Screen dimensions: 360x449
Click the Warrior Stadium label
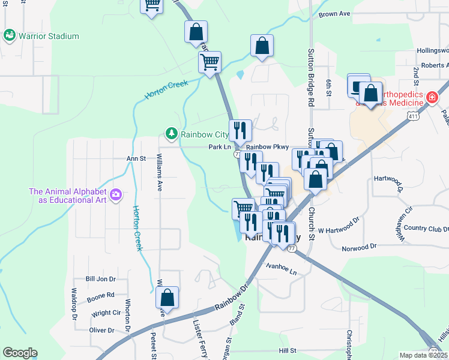click(49, 36)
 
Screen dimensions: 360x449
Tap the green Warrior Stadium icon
click(10, 36)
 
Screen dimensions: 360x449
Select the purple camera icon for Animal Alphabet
click(116, 194)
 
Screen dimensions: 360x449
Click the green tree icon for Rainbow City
click(172, 133)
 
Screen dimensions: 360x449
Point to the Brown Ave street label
click(334, 14)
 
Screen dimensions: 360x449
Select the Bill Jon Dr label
click(100, 279)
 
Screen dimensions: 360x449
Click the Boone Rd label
click(100, 295)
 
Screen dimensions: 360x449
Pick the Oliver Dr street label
click(101, 330)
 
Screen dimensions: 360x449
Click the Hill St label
click(288, 350)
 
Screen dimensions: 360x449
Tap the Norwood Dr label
click(359, 247)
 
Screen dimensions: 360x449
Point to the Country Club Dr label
click(426, 228)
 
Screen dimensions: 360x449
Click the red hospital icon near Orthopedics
click(431, 97)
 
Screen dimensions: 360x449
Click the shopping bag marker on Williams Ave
click(167, 298)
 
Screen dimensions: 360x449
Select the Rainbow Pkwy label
click(267, 147)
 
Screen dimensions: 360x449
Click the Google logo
click(20, 353)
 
